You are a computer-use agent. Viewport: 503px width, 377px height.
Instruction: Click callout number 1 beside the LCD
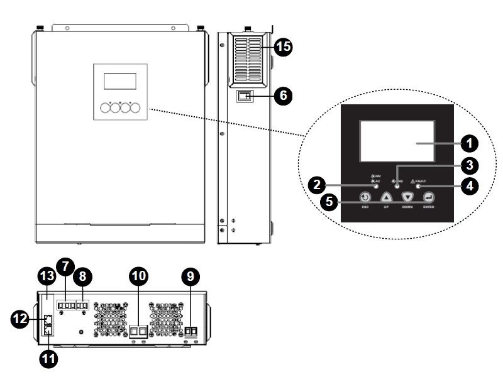(468, 143)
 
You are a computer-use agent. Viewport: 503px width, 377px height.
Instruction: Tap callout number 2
(318, 185)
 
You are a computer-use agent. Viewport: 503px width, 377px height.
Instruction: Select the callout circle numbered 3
(467, 165)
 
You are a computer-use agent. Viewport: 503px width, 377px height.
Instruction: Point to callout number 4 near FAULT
(467, 187)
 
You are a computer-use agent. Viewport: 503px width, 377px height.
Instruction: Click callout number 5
(328, 202)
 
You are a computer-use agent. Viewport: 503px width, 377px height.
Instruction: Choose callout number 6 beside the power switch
(284, 96)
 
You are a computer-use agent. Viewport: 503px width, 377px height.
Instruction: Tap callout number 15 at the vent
(283, 48)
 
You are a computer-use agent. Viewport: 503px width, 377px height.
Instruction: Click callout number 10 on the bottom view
(138, 275)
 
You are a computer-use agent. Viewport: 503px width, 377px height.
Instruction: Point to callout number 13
(48, 276)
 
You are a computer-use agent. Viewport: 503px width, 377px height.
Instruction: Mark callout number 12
(21, 319)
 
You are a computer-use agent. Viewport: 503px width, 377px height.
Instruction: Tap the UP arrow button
(387, 197)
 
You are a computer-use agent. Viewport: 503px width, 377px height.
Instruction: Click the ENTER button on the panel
(429, 197)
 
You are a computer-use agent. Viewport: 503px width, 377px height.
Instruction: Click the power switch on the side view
(245, 96)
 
